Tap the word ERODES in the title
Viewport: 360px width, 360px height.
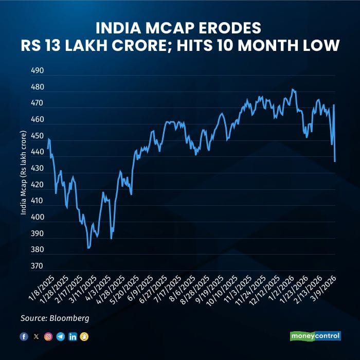232,26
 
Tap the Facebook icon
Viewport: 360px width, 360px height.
24,336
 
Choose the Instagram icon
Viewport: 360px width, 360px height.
48,336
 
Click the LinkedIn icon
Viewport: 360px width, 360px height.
73,336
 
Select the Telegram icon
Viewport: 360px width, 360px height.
60,336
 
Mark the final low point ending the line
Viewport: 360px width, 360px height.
335,161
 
